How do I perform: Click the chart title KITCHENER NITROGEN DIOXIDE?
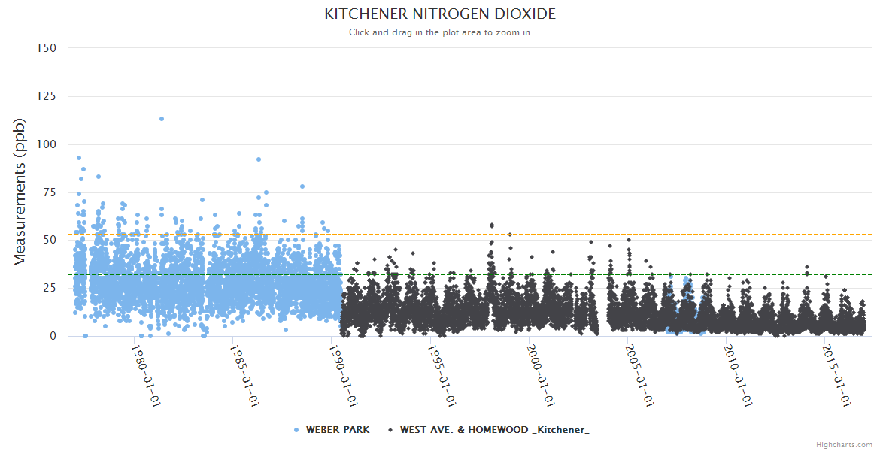(440, 14)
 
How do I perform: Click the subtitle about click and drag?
(440, 32)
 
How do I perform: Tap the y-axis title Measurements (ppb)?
(20, 192)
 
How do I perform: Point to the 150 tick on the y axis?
(46, 48)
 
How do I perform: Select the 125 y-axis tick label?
(46, 96)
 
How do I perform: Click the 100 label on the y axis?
(46, 144)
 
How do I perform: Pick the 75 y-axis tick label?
(49, 192)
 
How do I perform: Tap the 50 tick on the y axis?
(49, 240)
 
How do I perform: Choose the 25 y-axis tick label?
(49, 288)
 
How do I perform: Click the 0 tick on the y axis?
(53, 336)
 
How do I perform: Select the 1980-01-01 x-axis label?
(147, 375)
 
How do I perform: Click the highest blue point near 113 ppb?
(162, 119)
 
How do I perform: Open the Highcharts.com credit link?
(844, 445)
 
